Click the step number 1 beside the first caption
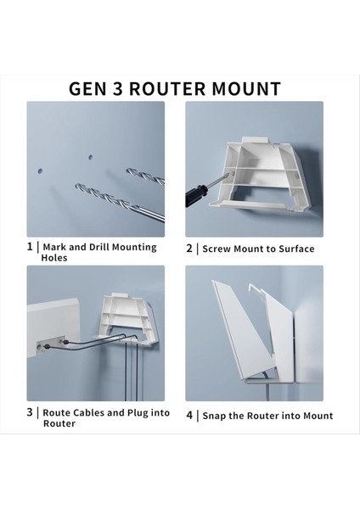pos(30,247)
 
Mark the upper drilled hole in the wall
pos(89,156)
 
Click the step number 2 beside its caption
pos(189,249)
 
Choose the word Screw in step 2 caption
pos(217,249)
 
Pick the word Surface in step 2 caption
pos(295,249)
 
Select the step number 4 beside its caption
pos(189,416)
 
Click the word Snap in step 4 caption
pos(216,416)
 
